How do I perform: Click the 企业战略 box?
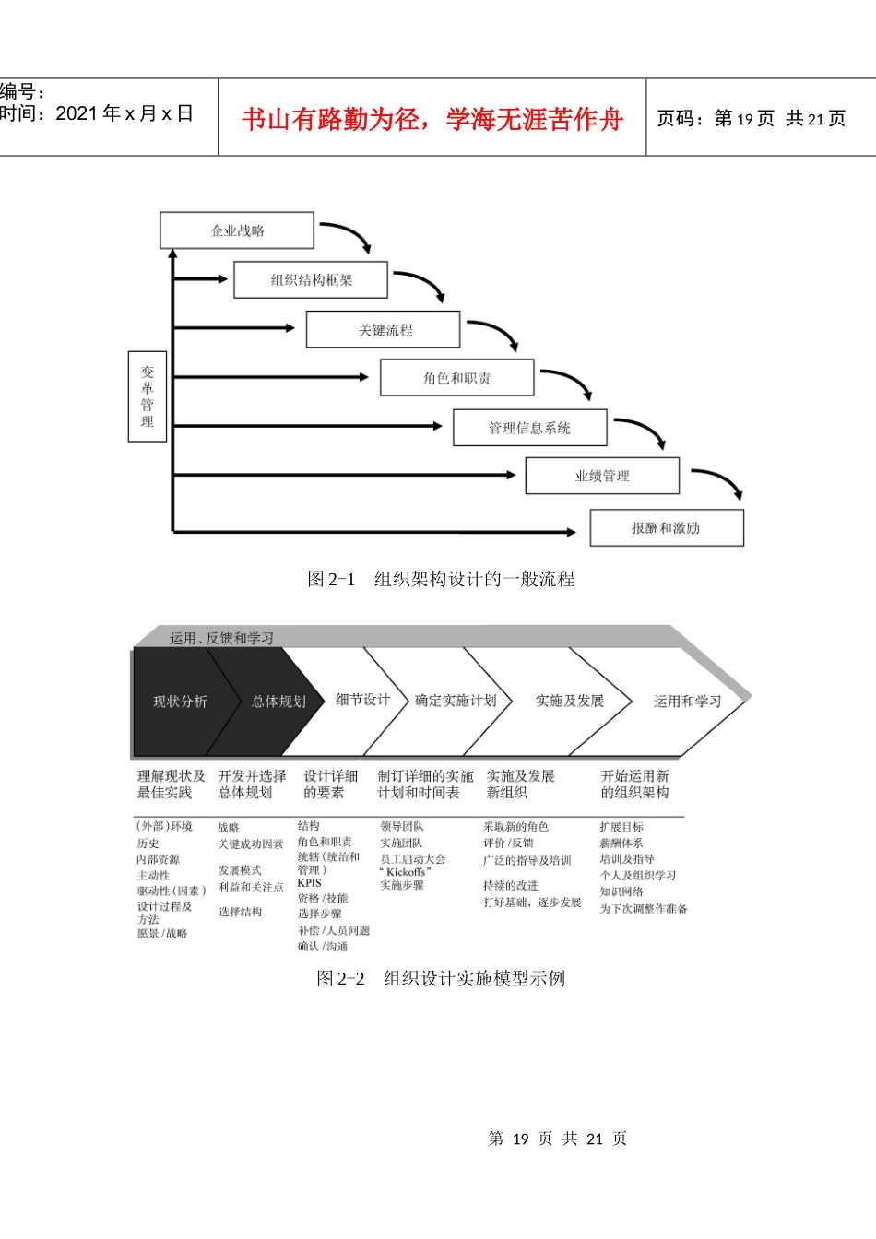(x=237, y=230)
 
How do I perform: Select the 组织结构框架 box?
(x=311, y=280)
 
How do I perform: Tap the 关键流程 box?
(x=384, y=330)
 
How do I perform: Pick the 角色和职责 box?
(x=456, y=378)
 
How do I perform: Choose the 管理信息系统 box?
(x=529, y=428)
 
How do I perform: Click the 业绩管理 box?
(x=602, y=476)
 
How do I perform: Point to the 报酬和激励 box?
(x=666, y=528)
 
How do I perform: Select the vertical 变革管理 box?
(x=148, y=396)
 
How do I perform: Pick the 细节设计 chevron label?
(x=362, y=700)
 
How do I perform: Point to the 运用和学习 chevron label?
(x=687, y=702)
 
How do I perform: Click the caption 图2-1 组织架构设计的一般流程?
(x=441, y=579)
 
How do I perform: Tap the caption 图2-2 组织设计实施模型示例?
(x=441, y=978)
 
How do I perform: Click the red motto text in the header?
(x=432, y=119)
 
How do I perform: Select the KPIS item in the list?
(x=310, y=883)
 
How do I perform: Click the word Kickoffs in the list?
(x=407, y=872)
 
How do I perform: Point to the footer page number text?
(x=557, y=1139)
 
